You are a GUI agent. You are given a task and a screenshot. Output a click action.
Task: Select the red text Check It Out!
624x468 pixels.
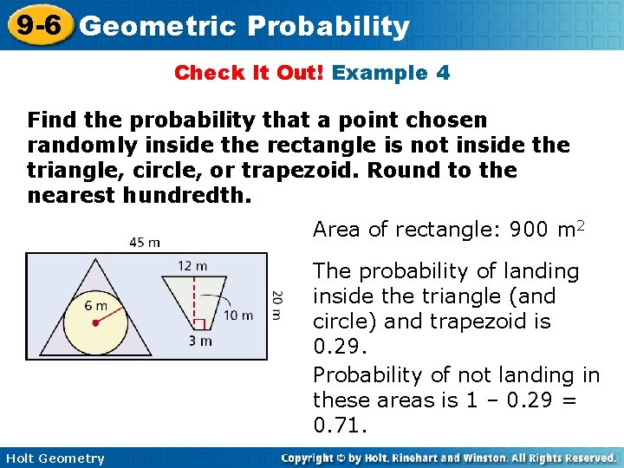point(250,73)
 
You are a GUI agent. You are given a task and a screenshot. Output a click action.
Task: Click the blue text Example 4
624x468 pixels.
point(391,73)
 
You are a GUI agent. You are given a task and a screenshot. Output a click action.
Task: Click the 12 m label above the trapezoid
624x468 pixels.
point(192,264)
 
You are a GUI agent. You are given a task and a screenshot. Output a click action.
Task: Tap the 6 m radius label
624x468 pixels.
point(95,305)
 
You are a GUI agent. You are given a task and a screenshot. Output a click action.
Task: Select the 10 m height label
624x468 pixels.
point(238,315)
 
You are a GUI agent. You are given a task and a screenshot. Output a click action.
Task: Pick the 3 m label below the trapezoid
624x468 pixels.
point(200,341)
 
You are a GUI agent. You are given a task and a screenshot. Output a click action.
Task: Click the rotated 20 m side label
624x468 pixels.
point(276,305)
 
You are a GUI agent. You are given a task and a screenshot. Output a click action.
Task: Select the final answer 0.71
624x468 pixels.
point(341,426)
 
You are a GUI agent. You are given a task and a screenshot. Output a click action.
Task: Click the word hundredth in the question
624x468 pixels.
point(186,196)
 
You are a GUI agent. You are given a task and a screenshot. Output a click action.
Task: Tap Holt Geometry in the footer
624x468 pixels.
point(53,458)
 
